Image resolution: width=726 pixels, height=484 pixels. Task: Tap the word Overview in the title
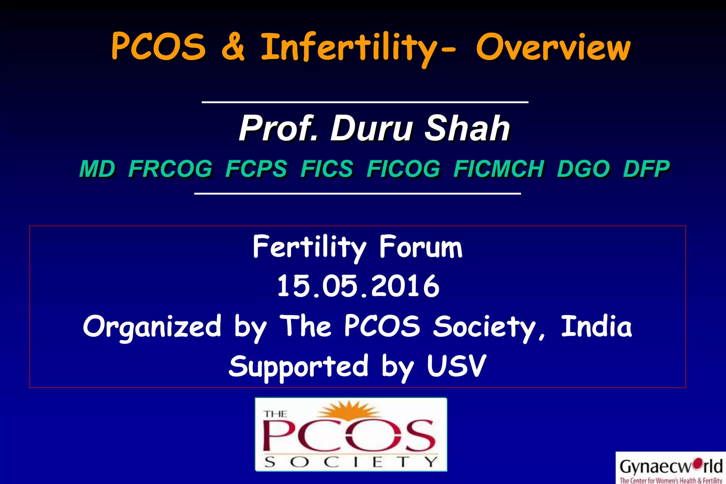click(553, 48)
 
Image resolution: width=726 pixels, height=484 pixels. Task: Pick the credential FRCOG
click(170, 169)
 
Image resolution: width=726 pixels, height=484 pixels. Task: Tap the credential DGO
click(583, 169)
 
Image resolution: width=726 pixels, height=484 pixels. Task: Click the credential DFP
click(646, 169)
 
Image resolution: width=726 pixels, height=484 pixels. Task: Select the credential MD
click(97, 169)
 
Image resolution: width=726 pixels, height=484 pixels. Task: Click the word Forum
click(421, 247)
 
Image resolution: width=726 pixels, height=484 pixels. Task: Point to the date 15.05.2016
click(358, 286)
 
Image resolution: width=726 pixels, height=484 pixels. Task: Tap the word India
click(596, 326)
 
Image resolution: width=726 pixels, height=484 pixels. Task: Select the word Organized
click(152, 327)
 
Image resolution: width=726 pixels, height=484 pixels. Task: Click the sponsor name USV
click(456, 366)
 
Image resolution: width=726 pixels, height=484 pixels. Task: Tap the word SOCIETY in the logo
click(351, 462)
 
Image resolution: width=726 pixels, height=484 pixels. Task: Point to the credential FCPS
click(256, 169)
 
